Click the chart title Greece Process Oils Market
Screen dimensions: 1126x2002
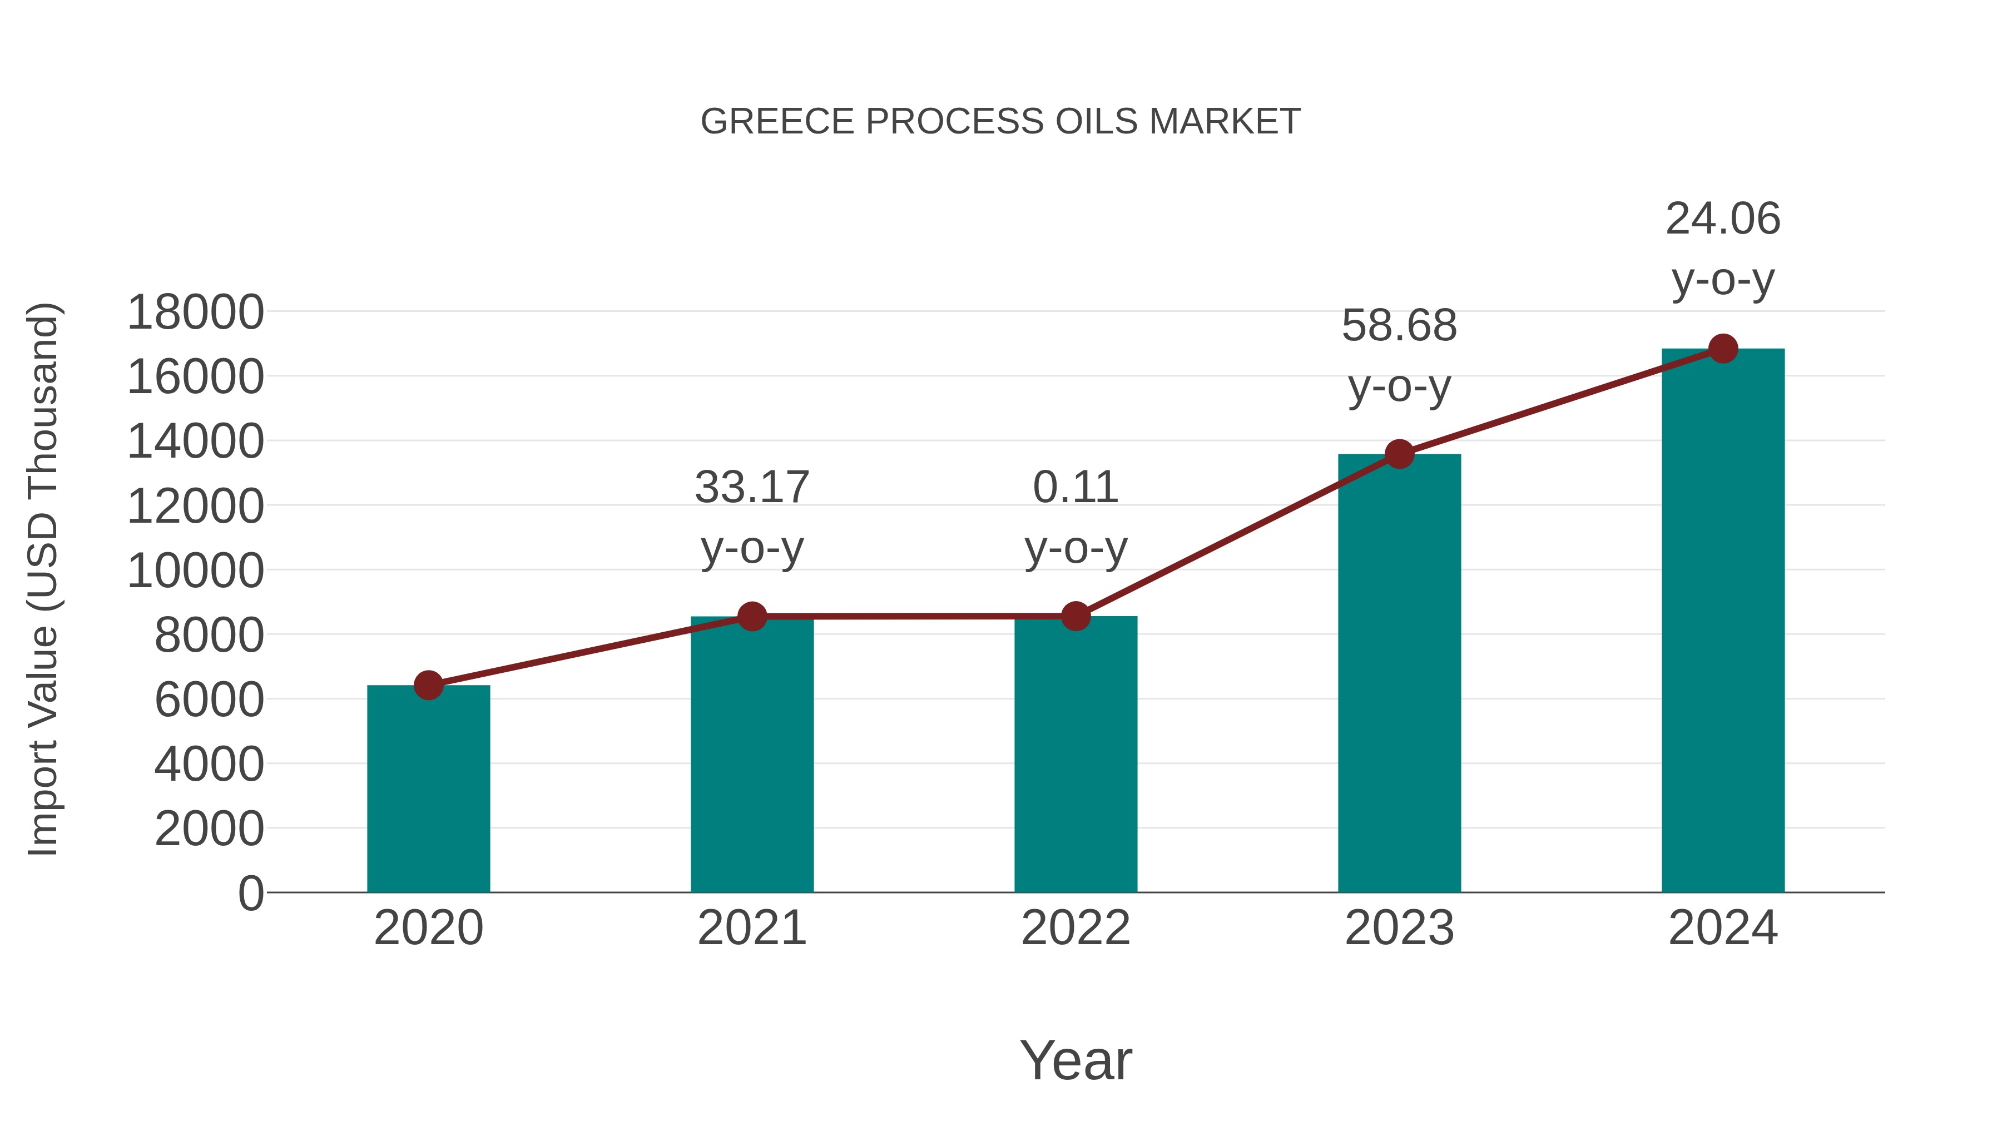[1000, 122]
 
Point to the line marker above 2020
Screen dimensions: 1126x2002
[428, 686]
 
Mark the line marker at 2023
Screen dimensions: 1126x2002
[1399, 454]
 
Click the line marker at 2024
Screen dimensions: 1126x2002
[1723, 349]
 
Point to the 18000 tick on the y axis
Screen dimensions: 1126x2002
[195, 312]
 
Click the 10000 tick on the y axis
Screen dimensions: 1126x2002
[195, 571]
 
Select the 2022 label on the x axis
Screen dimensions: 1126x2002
[1076, 928]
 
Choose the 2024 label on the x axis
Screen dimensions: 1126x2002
[1723, 928]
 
